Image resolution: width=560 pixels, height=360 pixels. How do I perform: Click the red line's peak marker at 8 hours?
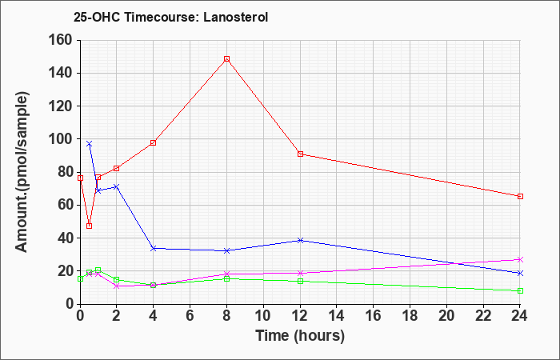[227, 58]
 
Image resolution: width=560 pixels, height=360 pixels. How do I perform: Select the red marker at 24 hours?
[521, 196]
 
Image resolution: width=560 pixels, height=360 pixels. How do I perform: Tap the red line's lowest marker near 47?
[89, 226]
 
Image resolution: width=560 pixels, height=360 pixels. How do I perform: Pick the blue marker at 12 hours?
[300, 240]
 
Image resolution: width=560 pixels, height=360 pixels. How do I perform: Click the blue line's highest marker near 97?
[89, 143]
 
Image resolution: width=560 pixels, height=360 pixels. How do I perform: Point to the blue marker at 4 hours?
[153, 248]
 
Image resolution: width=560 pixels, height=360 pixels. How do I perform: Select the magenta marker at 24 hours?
[521, 259]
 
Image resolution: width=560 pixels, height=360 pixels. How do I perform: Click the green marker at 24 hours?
[521, 290]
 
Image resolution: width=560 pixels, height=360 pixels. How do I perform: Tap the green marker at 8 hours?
[227, 278]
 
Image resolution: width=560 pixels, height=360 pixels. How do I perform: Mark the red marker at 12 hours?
[300, 154]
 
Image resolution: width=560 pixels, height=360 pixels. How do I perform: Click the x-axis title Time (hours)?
[300, 335]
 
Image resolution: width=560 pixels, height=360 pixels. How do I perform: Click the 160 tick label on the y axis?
[61, 40]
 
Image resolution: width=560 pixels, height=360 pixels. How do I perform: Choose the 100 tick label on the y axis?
[61, 139]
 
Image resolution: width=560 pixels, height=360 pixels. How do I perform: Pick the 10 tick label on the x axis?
[263, 316]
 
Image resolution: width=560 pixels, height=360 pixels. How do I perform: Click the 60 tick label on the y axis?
[64, 205]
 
